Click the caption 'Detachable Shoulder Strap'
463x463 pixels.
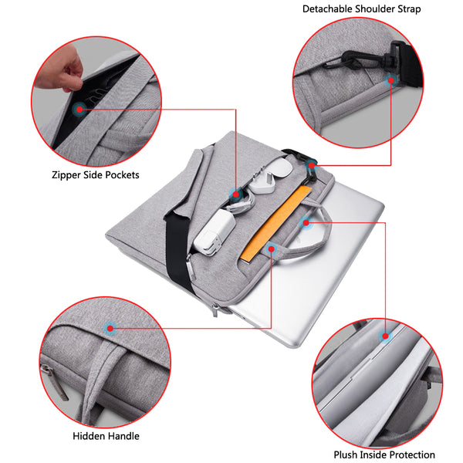(361, 9)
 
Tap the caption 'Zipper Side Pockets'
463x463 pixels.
(95, 175)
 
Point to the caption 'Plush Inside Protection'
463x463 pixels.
(384, 455)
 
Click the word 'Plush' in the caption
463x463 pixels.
(347, 455)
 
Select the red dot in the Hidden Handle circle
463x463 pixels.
(110, 329)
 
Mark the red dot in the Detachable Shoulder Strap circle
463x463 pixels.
(392, 79)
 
